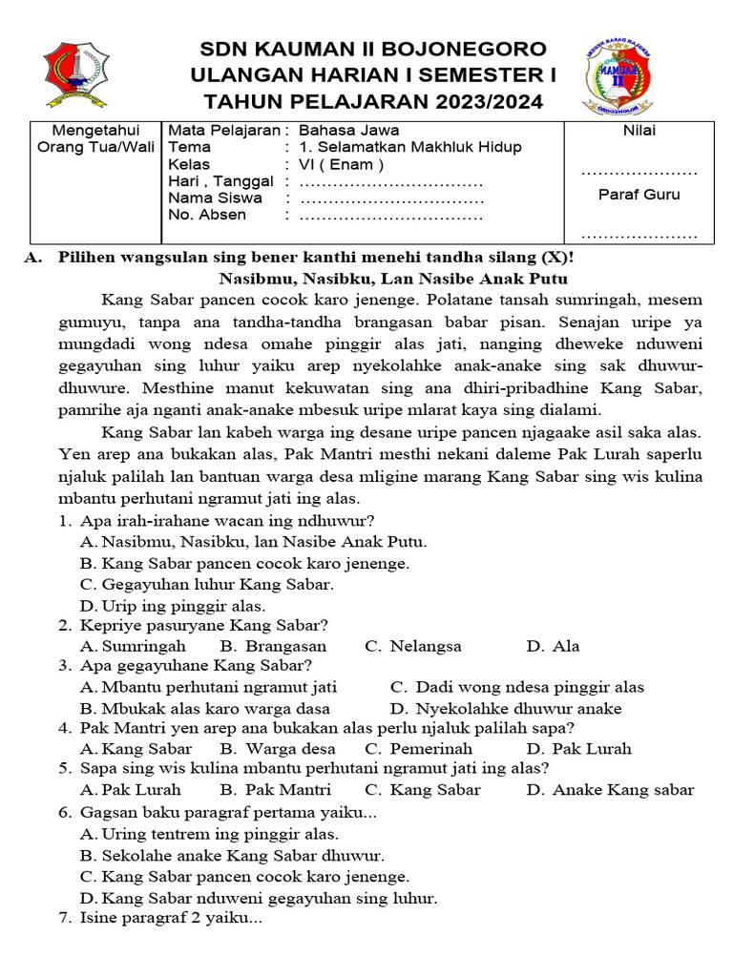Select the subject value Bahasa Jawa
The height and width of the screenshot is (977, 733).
(349, 131)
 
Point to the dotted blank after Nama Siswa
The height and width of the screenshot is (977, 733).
(392, 198)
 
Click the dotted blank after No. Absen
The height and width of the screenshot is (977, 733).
(392, 216)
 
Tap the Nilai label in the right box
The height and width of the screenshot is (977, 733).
(639, 131)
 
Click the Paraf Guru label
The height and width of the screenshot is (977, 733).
(639, 195)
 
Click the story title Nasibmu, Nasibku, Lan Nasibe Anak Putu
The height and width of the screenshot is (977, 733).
(393, 279)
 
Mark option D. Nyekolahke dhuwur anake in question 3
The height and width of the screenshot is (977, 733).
(506, 708)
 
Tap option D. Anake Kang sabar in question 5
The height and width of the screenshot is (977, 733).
(610, 789)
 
